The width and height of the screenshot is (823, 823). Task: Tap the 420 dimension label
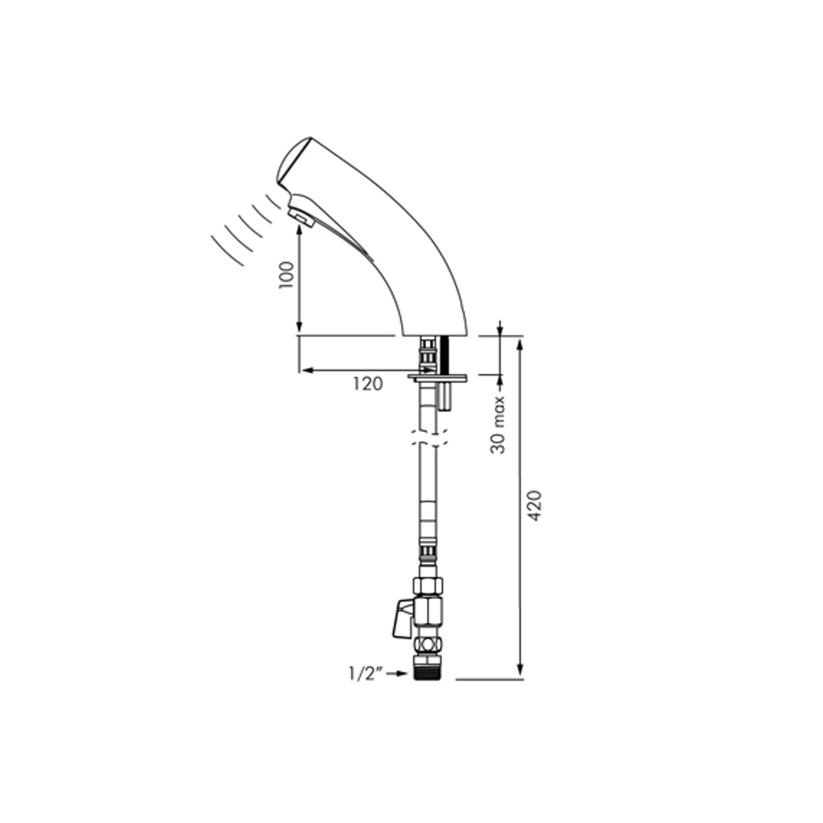point(536,506)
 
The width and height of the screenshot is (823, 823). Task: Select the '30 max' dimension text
point(499,425)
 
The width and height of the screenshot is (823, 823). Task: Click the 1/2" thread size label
point(365,675)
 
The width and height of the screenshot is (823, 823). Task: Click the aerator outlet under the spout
point(300,217)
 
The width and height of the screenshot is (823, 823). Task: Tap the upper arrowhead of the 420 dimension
point(521,343)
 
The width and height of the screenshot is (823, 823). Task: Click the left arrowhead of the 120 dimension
point(305,370)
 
